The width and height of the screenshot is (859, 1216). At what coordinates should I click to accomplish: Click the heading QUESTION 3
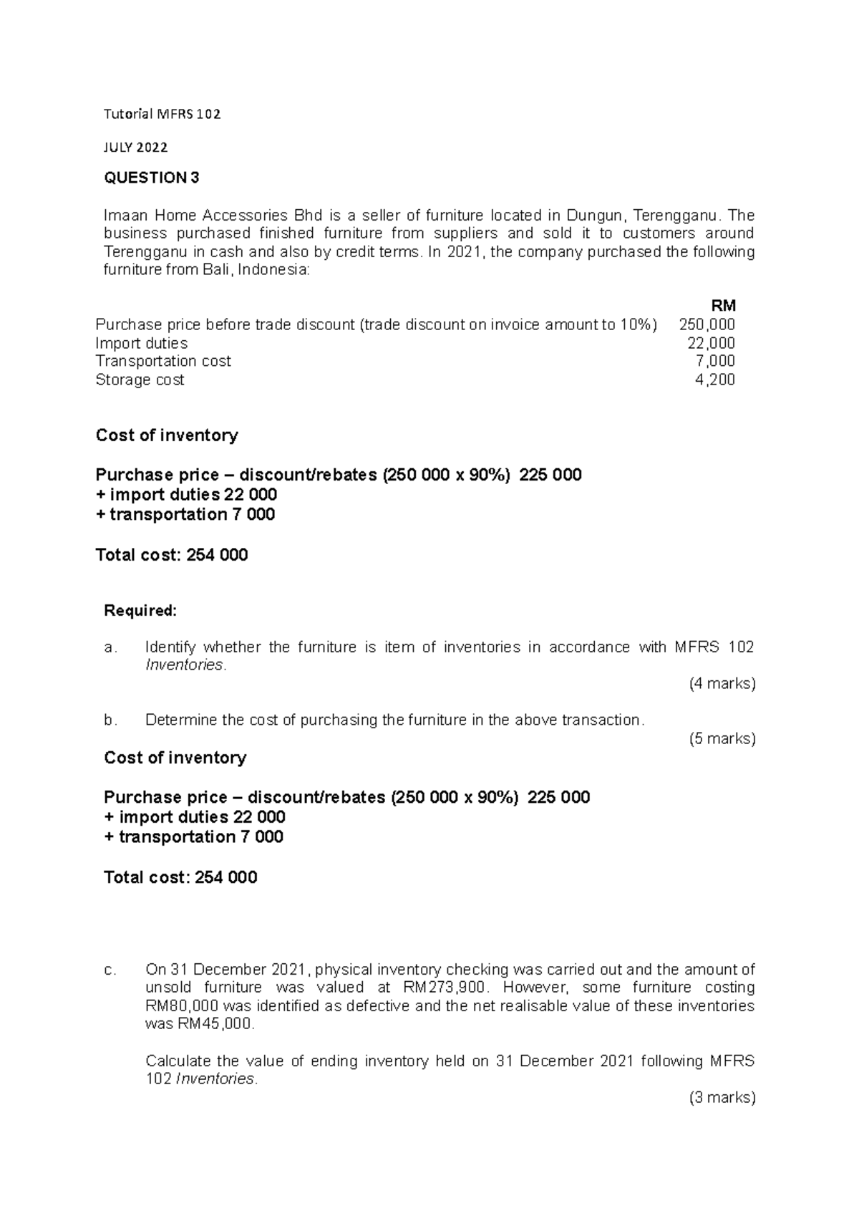tap(152, 178)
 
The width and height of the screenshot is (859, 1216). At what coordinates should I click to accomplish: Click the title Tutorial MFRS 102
tap(162, 114)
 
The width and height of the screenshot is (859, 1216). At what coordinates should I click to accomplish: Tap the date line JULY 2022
tap(136, 148)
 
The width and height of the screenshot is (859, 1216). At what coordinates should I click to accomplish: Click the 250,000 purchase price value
tap(707, 324)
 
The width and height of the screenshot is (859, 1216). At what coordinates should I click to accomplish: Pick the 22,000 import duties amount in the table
tap(711, 343)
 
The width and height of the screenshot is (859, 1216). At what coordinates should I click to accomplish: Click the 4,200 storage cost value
tap(715, 380)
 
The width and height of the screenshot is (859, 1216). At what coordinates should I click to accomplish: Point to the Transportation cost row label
tap(163, 361)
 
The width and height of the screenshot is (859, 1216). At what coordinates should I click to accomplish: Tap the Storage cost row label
tap(140, 380)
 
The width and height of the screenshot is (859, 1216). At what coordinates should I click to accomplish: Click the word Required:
tap(140, 611)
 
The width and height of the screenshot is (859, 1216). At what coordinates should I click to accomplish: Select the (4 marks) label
tap(722, 683)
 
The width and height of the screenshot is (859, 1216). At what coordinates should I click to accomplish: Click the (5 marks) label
tap(722, 738)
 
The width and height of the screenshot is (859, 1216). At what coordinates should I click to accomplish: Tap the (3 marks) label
tap(722, 1097)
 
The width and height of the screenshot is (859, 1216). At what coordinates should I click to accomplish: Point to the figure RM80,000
tap(181, 1005)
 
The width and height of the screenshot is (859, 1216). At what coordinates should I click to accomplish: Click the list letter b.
tap(110, 720)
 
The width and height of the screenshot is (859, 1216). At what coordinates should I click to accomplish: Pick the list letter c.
tap(110, 970)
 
